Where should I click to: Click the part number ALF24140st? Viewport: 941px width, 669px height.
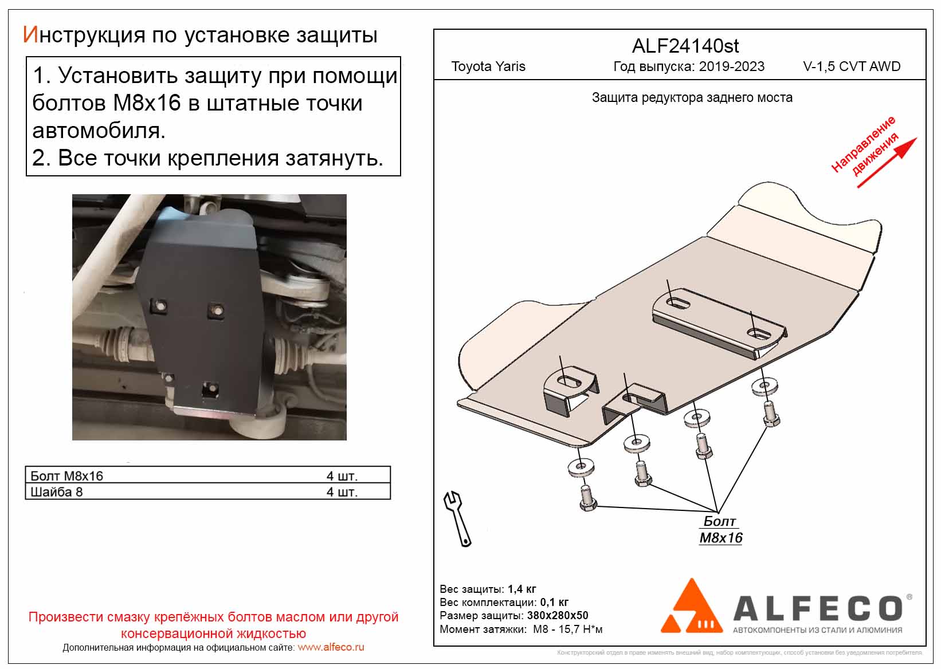pos(685,46)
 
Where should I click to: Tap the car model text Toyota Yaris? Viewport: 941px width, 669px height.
pos(488,66)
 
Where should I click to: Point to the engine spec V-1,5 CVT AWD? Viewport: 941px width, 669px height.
pos(852,66)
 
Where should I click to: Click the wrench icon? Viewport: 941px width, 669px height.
pos(457,518)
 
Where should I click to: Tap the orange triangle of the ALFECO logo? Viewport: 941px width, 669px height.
pos(691,609)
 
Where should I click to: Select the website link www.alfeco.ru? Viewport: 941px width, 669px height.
pos(331,647)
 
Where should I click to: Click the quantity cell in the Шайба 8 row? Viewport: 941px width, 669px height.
pos(342,492)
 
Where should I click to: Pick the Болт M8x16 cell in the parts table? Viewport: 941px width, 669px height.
pos(67,476)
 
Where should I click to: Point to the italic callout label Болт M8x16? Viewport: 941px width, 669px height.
pos(720,530)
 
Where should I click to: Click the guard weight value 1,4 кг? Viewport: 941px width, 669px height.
pos(522,589)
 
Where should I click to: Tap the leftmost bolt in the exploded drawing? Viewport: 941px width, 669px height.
pos(587,498)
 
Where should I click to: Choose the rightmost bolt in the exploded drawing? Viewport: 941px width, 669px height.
pos(770,413)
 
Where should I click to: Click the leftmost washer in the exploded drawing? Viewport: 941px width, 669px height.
pos(580,467)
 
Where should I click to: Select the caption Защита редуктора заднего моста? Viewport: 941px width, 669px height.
pos(692,98)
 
